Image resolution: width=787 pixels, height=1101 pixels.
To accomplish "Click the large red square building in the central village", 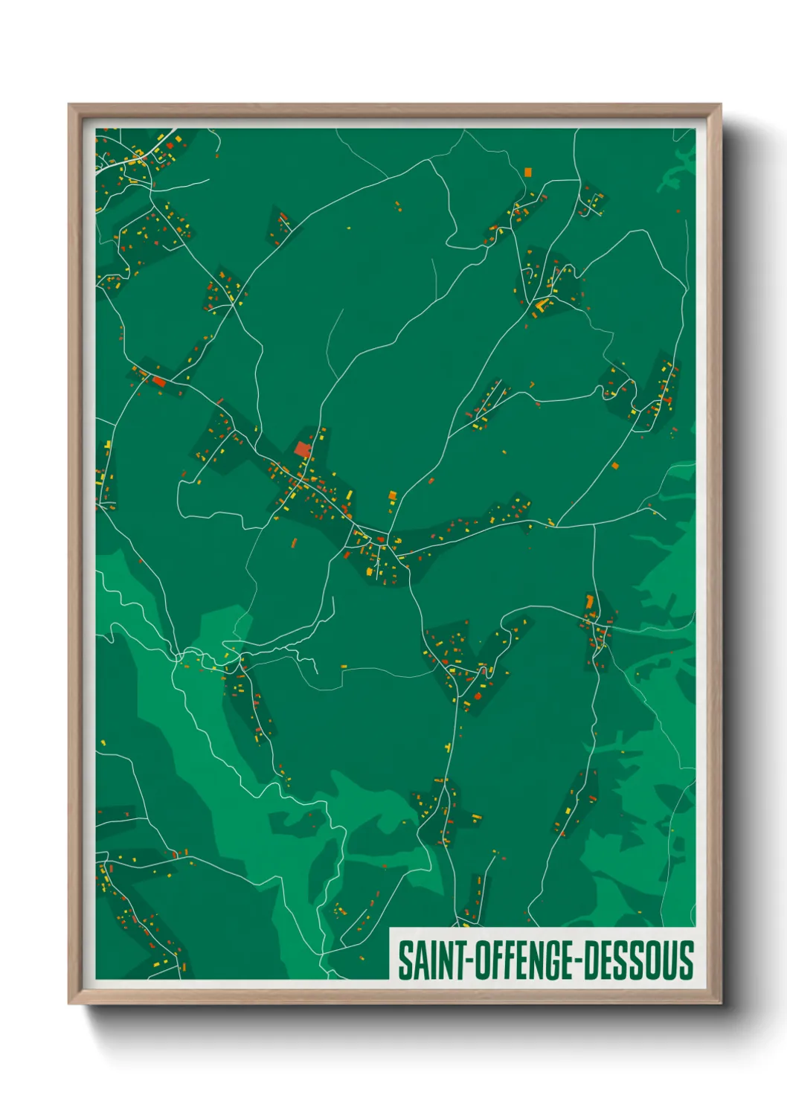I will pos(301,449).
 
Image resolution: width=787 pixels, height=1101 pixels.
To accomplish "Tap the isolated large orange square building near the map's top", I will pos(527,172).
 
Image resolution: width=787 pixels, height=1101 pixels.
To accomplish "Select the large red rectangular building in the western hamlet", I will pos(158,382).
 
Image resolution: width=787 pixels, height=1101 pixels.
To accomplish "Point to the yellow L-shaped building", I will pos(541,304).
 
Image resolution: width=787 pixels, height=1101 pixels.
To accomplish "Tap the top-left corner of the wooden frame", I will pos(69,105).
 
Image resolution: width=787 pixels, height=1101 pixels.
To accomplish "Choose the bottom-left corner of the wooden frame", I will pos(69,1003).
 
